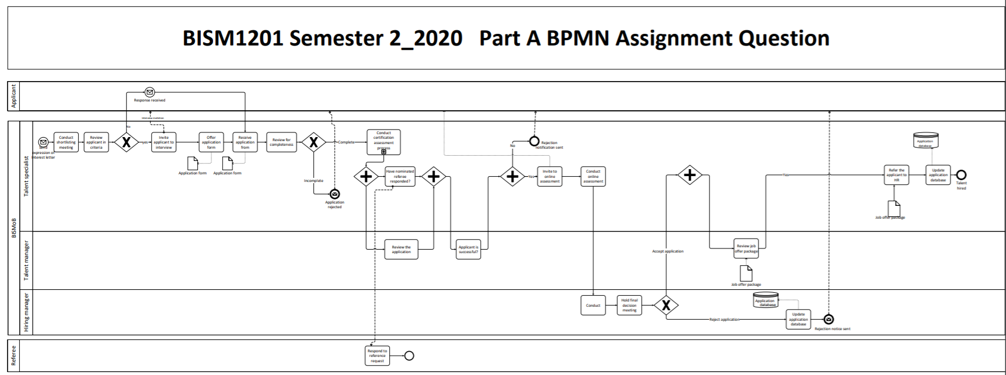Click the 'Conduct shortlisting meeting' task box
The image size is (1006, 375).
point(66,142)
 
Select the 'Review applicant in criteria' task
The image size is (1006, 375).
point(96,142)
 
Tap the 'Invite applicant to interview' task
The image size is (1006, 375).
point(164,142)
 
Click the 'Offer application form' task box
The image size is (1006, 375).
point(211,142)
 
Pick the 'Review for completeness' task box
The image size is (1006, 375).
point(281,142)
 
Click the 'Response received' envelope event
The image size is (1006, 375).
point(150,92)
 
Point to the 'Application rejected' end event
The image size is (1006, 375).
point(334,194)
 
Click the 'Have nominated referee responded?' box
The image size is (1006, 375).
point(400,176)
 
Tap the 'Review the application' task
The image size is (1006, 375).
point(401,249)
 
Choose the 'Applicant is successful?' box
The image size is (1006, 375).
point(468,249)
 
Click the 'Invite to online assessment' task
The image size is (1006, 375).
point(550,176)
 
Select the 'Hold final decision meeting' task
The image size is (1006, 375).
point(630,305)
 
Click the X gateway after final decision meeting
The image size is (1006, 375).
point(666,305)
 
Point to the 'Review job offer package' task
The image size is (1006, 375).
point(746,248)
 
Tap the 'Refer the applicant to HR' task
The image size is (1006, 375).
point(896,175)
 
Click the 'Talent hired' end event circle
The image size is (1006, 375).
point(961,175)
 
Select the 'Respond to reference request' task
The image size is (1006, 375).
point(377,356)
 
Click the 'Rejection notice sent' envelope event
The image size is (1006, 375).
point(829,319)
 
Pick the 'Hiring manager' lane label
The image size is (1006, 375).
point(26,312)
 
